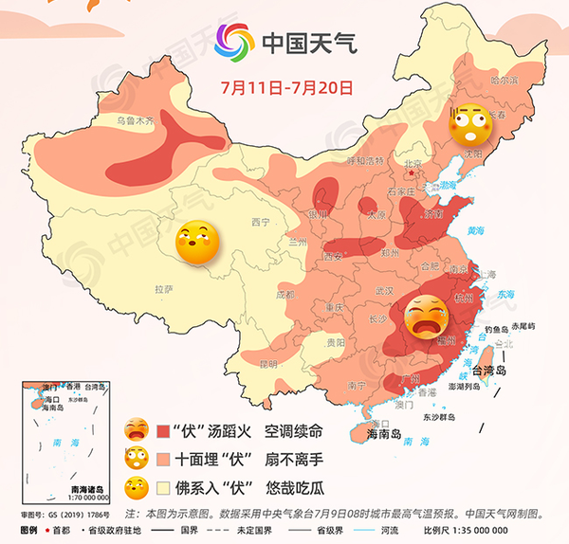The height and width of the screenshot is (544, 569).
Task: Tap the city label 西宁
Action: (x=261, y=222)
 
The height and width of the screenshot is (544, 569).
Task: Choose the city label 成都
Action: (x=284, y=295)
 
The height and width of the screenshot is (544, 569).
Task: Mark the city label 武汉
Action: (x=383, y=290)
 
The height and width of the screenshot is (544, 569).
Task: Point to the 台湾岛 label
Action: (x=508, y=372)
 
